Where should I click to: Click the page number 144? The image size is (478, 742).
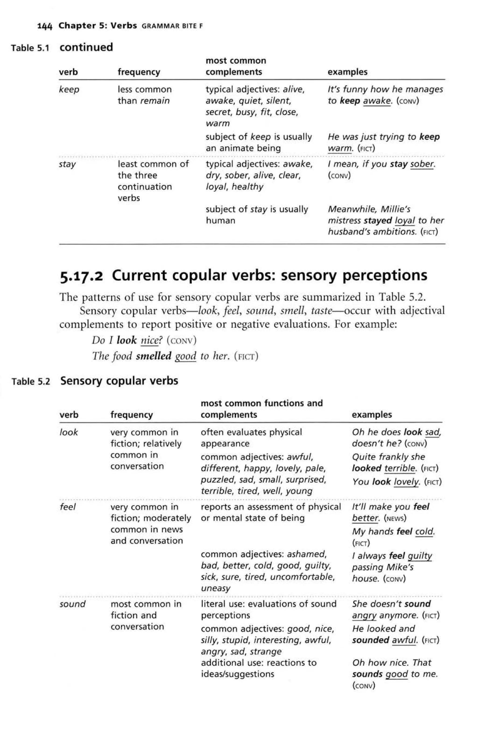click(x=44, y=26)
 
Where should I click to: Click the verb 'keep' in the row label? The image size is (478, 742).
click(x=69, y=90)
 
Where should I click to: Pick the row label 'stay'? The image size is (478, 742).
click(x=67, y=164)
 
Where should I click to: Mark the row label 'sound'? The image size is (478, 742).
click(x=72, y=604)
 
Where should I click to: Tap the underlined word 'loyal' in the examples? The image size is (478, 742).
click(x=405, y=221)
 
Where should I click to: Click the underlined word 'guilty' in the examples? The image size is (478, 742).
click(x=420, y=556)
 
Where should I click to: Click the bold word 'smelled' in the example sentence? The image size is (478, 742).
click(x=153, y=356)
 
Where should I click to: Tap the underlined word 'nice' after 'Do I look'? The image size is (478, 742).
click(x=149, y=341)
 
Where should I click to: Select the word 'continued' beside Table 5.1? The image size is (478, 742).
click(x=86, y=47)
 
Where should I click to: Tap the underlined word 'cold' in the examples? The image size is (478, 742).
click(x=424, y=532)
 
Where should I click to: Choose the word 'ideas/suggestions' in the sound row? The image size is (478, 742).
click(x=237, y=674)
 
